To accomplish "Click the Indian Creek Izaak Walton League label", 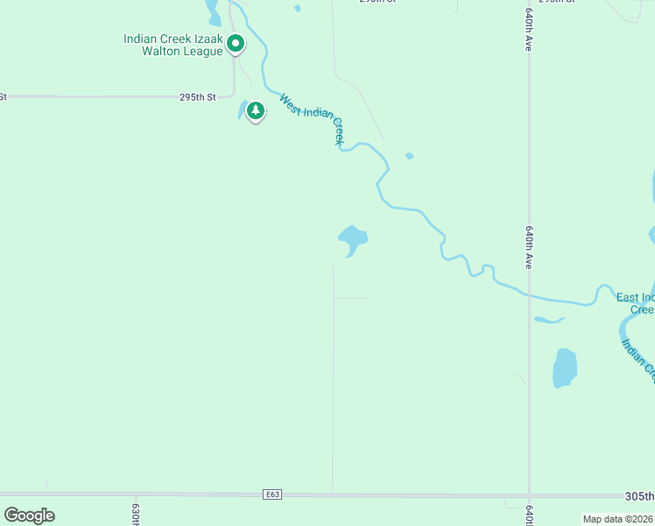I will (173, 46).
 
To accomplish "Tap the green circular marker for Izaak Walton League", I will (236, 42).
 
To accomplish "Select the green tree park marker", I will (256, 111).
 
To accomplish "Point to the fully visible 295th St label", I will (197, 97).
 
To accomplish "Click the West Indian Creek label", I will (312, 120).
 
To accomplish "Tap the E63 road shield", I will (273, 495).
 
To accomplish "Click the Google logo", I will (30, 515).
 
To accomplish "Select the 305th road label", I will (640, 495).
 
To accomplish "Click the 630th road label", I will (137, 514).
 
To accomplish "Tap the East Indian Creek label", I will (635, 303).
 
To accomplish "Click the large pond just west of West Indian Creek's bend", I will (353, 238).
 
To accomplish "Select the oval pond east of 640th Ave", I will (565, 367).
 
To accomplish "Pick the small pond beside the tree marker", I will (242, 110).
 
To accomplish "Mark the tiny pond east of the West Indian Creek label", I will (409, 156).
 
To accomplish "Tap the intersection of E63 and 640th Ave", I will (529, 495).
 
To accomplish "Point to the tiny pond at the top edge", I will (298, 8).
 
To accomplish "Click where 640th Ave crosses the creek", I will (529, 295).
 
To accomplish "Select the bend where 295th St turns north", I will (233, 95).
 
